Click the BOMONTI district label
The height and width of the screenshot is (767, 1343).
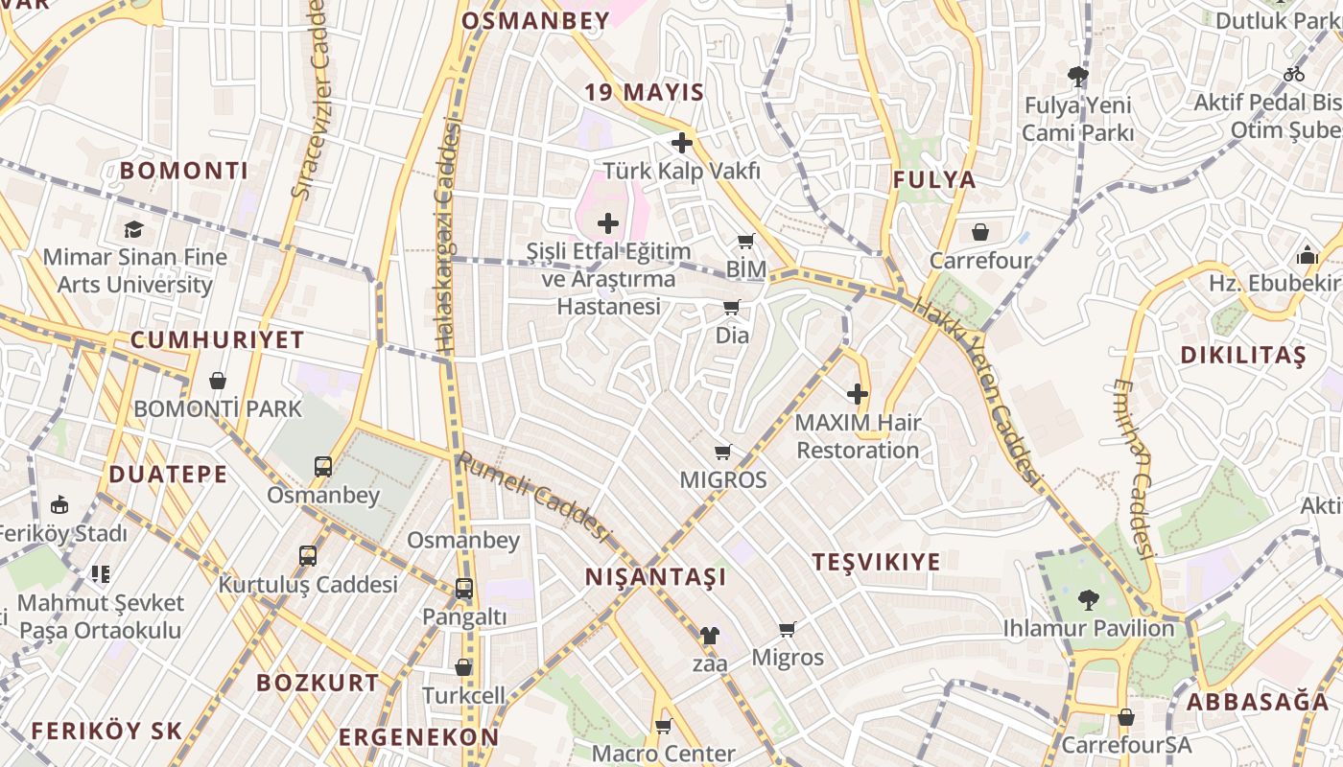pos(184,172)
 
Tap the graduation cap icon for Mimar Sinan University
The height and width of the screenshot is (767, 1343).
pos(133,229)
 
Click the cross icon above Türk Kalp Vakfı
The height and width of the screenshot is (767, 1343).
pos(682,143)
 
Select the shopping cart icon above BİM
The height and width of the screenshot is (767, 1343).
pos(746,242)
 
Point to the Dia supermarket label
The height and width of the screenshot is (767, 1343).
pos(732,336)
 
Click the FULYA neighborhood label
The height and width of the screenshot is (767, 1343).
pos(934,180)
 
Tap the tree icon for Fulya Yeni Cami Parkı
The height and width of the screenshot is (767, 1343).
pos(1077,77)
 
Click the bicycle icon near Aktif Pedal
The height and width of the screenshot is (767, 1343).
pos(1294,74)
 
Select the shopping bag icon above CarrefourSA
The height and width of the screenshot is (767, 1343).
pos(1126,717)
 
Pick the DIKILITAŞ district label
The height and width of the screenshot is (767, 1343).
pos(1243,356)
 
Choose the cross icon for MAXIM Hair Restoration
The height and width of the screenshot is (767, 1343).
pos(858,394)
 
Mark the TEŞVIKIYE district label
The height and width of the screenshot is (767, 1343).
pos(877,562)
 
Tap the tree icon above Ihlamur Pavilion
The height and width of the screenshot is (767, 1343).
pos(1088,600)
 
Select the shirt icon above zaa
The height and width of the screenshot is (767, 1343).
pos(709,635)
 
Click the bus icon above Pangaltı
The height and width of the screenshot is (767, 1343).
pos(464,589)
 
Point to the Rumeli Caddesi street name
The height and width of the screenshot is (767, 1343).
pos(533,497)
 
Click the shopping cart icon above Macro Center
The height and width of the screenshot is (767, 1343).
pos(663,726)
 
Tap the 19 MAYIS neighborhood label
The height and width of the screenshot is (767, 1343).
pos(645,93)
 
